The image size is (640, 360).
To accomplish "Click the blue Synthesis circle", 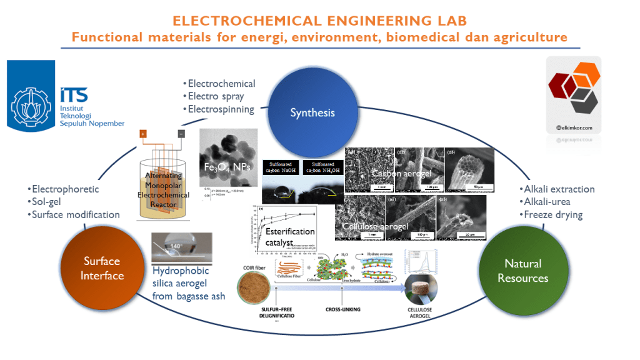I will (312, 113).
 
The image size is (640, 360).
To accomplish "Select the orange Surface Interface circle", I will (102, 268).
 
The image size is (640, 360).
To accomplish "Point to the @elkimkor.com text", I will (573, 128).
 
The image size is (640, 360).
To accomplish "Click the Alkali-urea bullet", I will (548, 202).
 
